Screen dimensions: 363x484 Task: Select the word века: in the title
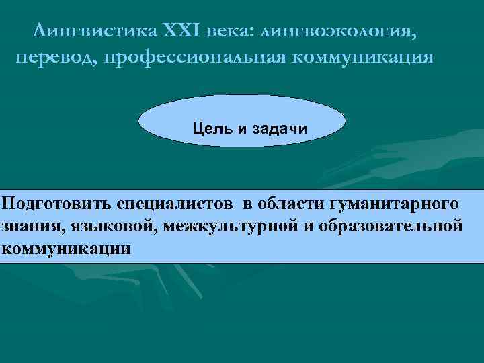tap(230, 31)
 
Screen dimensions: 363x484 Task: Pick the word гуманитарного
tap(395, 203)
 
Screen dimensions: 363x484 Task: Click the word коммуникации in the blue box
tap(66, 248)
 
